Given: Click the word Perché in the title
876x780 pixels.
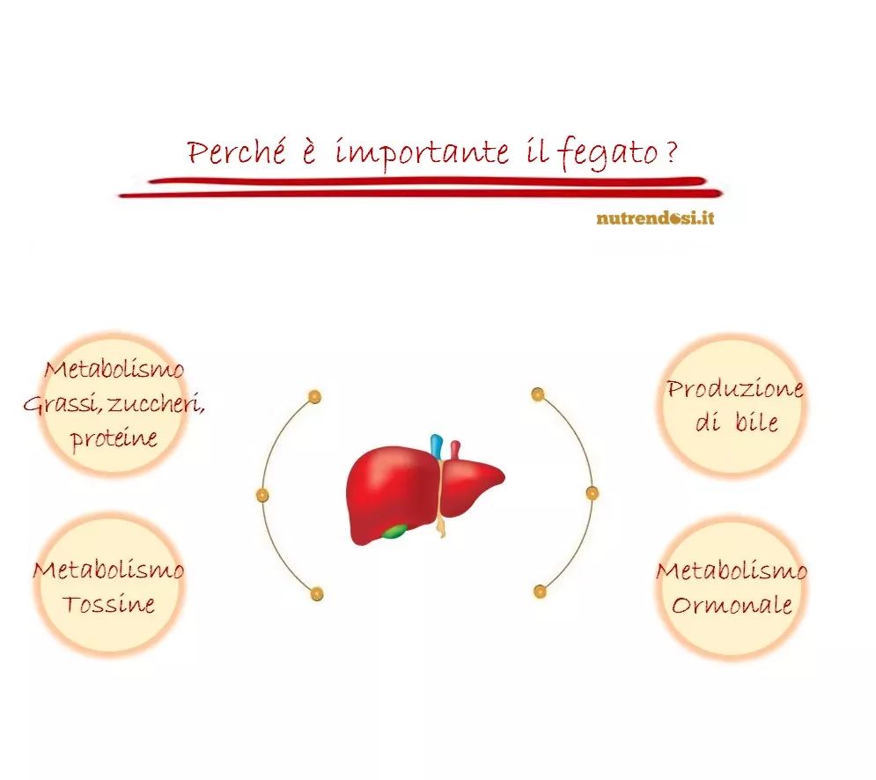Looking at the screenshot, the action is click(x=236, y=151).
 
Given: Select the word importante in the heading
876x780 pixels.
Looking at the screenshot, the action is click(x=422, y=152).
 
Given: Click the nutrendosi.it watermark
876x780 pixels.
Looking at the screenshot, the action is click(x=655, y=217).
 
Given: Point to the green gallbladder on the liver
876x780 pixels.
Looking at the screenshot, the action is click(x=395, y=532).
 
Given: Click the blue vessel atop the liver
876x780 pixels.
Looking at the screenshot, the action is click(x=437, y=445).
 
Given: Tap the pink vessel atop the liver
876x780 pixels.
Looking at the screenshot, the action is click(x=455, y=450).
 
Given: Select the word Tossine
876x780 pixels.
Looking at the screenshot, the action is click(x=108, y=604).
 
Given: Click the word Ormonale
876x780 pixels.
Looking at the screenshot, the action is click(x=732, y=605).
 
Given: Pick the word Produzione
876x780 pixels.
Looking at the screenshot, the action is click(x=735, y=388).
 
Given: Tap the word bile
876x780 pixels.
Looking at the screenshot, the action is click(x=756, y=421).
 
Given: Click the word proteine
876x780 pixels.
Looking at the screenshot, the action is click(x=114, y=438).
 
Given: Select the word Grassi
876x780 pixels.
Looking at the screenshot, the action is click(x=62, y=403).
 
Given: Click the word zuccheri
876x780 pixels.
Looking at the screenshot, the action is click(x=155, y=403).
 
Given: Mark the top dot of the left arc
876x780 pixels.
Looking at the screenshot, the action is click(x=314, y=397).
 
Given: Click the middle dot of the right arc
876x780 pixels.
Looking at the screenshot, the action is click(x=593, y=493).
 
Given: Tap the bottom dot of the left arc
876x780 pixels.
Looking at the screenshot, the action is click(x=316, y=593).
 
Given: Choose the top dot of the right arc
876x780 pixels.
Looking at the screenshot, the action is click(x=537, y=394).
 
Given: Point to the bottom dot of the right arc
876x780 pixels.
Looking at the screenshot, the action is click(x=540, y=591).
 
